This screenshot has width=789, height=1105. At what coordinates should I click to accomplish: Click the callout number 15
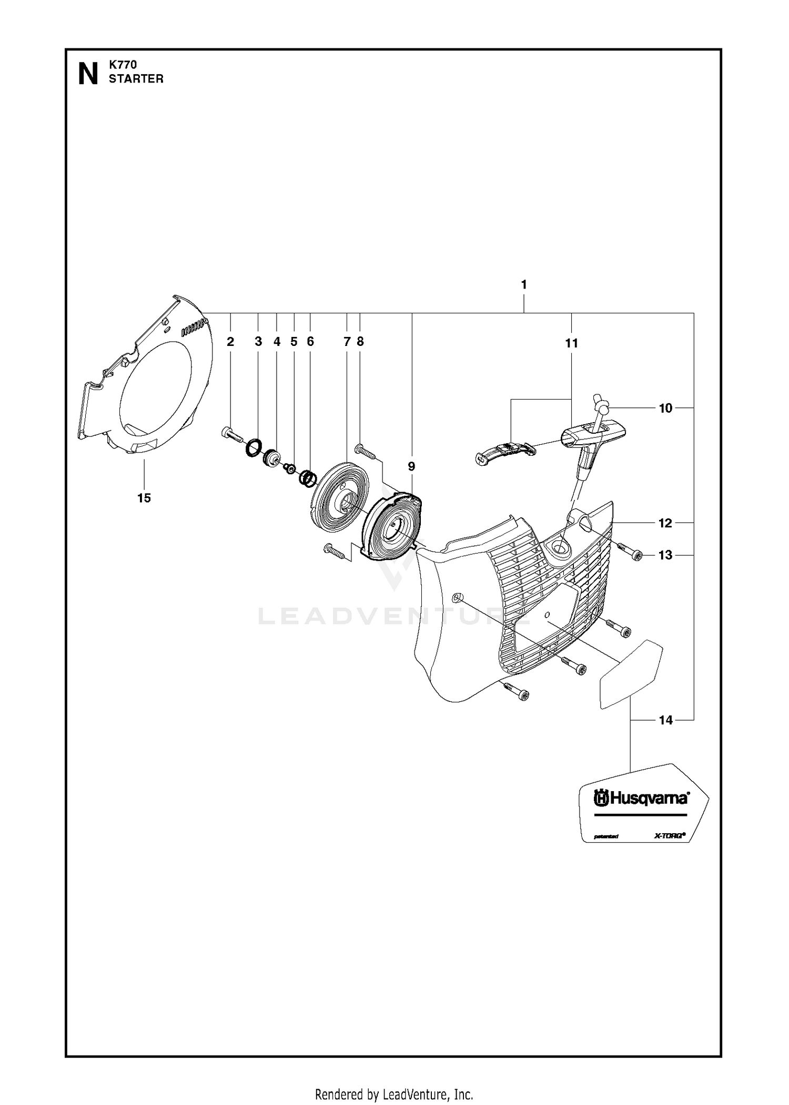pos(144,498)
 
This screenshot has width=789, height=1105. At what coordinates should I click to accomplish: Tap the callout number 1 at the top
pos(524,284)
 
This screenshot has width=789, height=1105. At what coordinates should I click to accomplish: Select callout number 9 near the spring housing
pos(411,466)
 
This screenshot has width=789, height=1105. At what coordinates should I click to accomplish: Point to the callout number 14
pos(665,720)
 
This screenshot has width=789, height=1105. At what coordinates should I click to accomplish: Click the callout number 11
pos(572,343)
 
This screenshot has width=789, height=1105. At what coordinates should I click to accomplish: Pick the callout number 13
pos(665,555)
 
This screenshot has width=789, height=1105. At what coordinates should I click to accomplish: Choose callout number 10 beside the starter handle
pos(665,408)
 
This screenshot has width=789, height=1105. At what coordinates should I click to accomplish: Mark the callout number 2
pos(230,342)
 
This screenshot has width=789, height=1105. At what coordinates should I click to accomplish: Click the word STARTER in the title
pos(136,79)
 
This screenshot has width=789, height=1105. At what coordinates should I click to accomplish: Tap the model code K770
pos(123,65)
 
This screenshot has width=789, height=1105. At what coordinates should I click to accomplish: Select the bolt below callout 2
pos(231,435)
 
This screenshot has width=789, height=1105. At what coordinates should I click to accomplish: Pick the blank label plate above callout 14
pos(631,674)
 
